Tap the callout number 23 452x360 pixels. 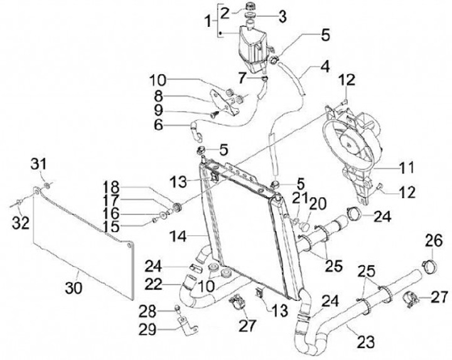[365, 342]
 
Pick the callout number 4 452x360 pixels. [325, 65]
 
